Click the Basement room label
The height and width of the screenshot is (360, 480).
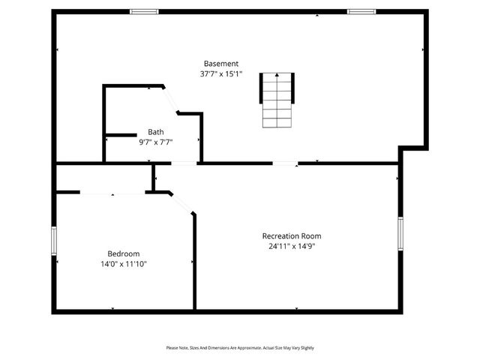tap(221, 64)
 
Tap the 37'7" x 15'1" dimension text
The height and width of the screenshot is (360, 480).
tap(221, 74)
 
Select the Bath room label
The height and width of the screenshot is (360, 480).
tap(155, 132)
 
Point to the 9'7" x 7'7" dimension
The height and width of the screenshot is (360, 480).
tap(155, 142)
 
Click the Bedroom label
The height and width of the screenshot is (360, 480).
tap(123, 254)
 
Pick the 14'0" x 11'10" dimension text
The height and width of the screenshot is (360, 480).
tap(123, 264)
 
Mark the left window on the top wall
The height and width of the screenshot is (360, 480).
tap(144, 11)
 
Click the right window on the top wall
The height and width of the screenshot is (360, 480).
tap(361, 11)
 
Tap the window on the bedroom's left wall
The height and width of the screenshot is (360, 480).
tap(54, 241)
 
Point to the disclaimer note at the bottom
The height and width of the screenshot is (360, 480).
tap(240, 348)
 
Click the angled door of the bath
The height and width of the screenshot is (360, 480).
tap(170, 100)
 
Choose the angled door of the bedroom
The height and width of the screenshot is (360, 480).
tap(182, 203)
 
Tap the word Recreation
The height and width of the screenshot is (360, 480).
tap(280, 236)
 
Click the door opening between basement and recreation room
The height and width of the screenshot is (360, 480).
tap(284, 163)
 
